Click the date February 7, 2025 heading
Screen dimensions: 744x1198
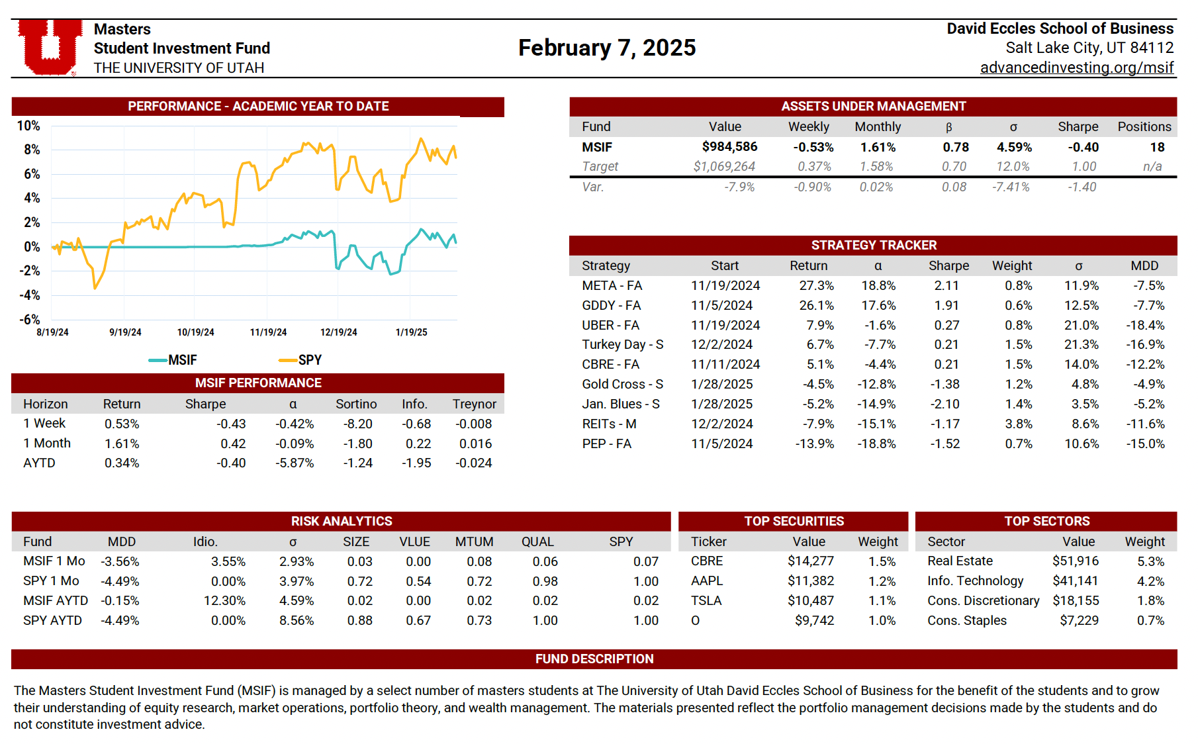click(607, 48)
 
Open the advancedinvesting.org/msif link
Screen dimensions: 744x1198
click(1076, 68)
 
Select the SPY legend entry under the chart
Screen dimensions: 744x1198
click(301, 360)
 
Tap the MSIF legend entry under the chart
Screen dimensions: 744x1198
click(173, 360)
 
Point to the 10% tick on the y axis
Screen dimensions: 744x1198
click(28, 126)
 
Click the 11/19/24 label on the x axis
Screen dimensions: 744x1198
click(268, 332)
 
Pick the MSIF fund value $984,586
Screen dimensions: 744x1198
click(729, 147)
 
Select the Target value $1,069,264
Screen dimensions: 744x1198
click(724, 167)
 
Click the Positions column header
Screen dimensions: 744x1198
click(1144, 126)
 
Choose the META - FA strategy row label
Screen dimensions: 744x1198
click(612, 286)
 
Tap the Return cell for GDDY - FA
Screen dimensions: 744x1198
click(816, 306)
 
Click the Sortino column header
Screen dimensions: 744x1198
click(356, 404)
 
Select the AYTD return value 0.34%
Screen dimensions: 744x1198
click(122, 463)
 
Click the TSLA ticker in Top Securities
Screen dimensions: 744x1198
click(706, 601)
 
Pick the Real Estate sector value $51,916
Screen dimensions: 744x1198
click(1075, 561)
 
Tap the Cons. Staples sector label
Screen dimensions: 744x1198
click(966, 621)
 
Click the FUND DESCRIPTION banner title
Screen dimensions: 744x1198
click(594, 659)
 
